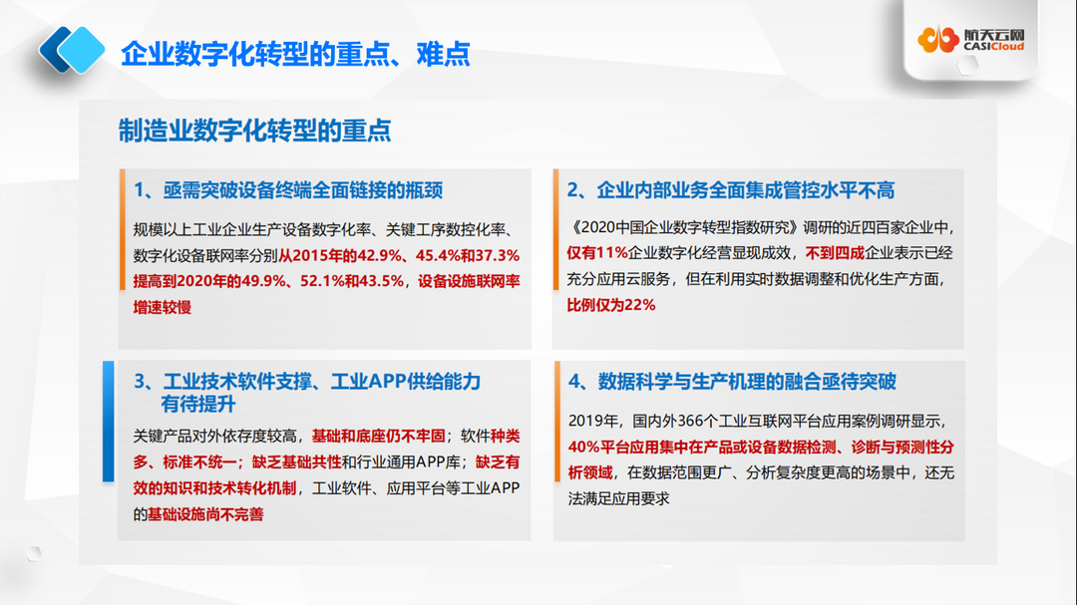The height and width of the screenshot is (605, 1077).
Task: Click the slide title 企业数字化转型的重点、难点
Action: click(294, 53)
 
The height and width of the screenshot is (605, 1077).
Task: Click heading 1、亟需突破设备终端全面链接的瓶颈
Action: click(288, 189)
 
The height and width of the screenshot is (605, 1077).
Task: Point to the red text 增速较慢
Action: click(163, 307)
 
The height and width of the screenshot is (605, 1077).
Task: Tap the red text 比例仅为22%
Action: click(611, 305)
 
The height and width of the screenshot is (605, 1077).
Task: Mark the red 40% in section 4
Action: click(583, 445)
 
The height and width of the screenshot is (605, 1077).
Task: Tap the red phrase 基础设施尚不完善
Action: click(206, 513)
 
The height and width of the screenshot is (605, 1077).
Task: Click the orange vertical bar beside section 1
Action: click(122, 229)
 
